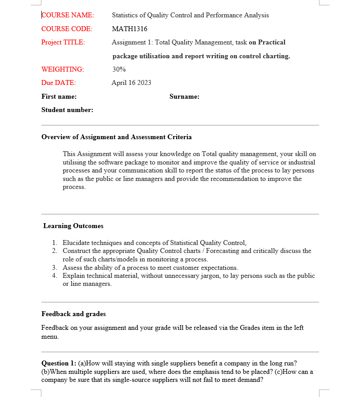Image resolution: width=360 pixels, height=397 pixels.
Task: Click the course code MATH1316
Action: coord(129,29)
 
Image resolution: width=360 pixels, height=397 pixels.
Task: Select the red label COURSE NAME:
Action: coord(68,15)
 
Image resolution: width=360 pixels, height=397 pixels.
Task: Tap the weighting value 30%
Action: coord(119,69)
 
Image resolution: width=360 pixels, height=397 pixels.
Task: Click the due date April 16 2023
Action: coord(131,83)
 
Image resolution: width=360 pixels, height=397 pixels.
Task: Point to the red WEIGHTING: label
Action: coord(62,69)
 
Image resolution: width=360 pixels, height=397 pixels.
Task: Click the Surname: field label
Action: coord(184,96)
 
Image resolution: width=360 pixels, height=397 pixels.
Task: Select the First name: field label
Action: coord(59,96)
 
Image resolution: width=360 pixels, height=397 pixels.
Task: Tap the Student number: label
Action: coord(67,110)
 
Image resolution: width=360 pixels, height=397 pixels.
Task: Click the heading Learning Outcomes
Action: coord(73,226)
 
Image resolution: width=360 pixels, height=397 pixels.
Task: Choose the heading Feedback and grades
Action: coord(73,314)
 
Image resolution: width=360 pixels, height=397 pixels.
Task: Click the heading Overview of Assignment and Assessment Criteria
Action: coord(117,137)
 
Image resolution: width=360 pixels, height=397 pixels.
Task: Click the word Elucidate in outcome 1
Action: coord(76,243)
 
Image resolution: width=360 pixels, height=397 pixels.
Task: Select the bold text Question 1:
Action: coord(59,363)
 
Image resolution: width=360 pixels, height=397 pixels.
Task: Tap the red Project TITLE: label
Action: coord(63,42)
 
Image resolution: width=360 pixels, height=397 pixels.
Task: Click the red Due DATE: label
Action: coord(58,83)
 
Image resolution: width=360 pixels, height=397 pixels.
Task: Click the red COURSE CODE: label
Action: coord(67,29)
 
